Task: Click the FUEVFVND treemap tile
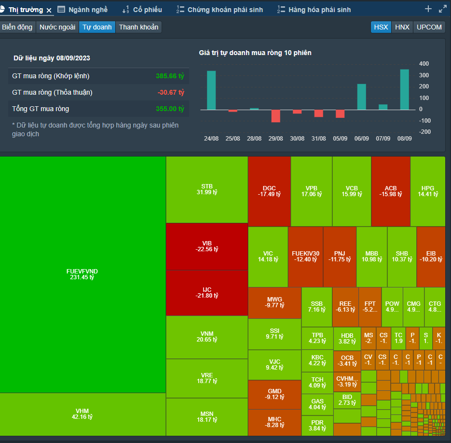(83, 274)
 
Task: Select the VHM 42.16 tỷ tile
(83, 414)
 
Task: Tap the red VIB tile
(207, 246)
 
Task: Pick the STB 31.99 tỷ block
(207, 189)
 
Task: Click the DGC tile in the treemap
(269, 191)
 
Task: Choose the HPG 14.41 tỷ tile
(427, 191)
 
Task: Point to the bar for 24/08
(211, 90)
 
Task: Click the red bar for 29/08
(276, 116)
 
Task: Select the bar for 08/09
(404, 89)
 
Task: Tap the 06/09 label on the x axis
(361, 139)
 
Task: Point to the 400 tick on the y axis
(424, 64)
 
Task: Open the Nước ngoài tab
(57, 27)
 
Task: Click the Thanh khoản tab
(138, 27)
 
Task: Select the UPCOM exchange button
(429, 27)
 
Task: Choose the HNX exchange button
(402, 27)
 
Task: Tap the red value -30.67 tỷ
(171, 92)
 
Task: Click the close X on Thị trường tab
(49, 10)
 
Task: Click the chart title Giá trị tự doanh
(255, 53)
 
